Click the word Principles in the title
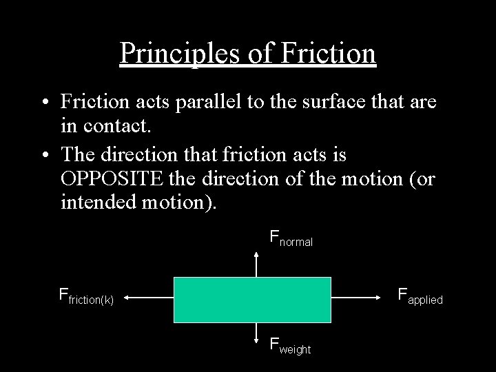pyautogui.click(x=175, y=53)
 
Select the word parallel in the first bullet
pyautogui.click(x=207, y=103)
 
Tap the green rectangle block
pyautogui.click(x=252, y=300)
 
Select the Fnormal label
pyautogui.click(x=291, y=239)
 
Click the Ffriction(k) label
pyautogui.click(x=86, y=297)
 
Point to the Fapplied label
pyautogui.click(x=420, y=298)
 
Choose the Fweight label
pyautogui.click(x=290, y=345)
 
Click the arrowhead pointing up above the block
pyautogui.click(x=256, y=255)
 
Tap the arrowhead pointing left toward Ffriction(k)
pyautogui.click(x=129, y=298)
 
